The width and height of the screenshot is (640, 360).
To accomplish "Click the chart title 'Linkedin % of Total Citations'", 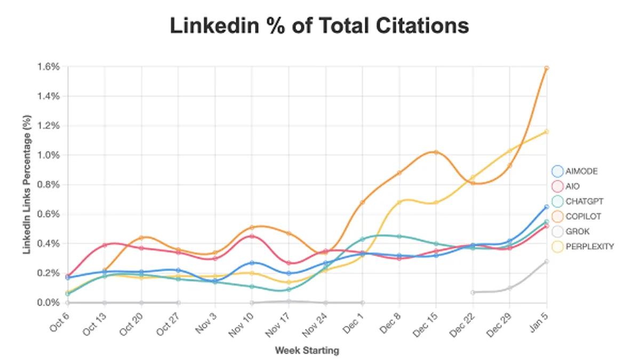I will [x=319, y=26].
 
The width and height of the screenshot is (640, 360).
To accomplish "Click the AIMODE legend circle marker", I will [x=557, y=172].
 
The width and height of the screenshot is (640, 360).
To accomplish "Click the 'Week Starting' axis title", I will [x=307, y=350].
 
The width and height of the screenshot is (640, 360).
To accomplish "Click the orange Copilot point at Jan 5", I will [x=547, y=68].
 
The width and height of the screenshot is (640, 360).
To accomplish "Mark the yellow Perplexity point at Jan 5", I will [x=547, y=131].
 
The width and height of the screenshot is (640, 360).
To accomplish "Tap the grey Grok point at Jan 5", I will [x=547, y=261].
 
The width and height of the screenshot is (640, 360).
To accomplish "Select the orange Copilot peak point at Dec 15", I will [x=436, y=152].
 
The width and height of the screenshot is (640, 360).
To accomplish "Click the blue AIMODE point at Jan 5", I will [x=547, y=206].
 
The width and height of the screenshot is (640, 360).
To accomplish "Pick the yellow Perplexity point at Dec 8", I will [x=399, y=202].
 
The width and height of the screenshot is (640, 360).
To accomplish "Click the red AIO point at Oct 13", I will [x=105, y=245].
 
